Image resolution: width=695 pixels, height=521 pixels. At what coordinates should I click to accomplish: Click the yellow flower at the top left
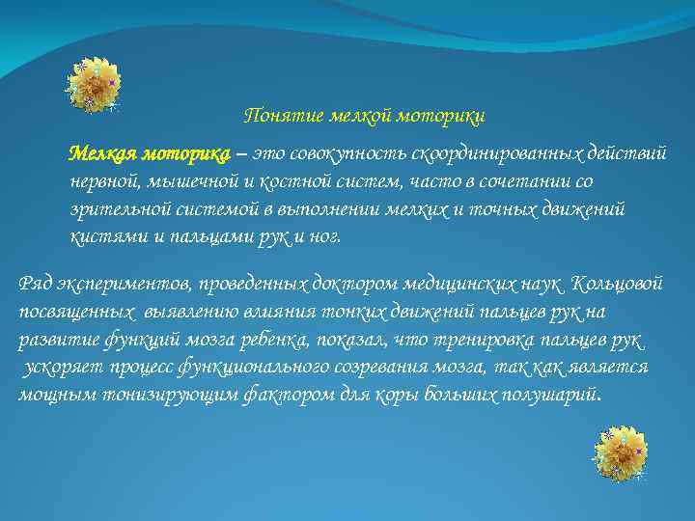coord(94,84)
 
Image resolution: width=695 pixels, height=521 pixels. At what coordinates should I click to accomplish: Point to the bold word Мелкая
coord(102,154)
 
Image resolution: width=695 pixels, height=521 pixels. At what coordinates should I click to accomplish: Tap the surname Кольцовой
coord(617,286)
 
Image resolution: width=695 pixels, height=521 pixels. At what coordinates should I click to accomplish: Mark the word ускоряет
coord(58,368)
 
